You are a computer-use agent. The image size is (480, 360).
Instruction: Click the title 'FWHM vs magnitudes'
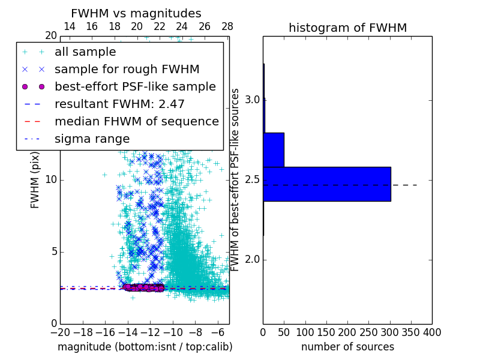(136, 13)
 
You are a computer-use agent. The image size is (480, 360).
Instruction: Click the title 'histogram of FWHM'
(347, 28)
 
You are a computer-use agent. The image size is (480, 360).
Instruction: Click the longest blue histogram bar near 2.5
(326, 184)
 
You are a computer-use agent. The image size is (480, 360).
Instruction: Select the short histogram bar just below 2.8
(274, 149)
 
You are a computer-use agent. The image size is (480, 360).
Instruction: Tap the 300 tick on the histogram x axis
(390, 332)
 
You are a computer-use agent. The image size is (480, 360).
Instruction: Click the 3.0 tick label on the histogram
(253, 99)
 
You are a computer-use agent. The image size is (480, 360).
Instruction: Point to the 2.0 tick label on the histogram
(253, 259)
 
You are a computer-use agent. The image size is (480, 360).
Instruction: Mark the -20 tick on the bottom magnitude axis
(60, 332)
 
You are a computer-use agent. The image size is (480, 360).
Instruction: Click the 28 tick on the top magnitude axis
(227, 26)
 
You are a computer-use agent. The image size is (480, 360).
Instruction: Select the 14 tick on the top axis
(69, 26)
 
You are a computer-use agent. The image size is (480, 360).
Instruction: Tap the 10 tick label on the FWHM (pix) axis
(51, 179)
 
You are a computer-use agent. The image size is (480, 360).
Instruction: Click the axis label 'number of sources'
(347, 347)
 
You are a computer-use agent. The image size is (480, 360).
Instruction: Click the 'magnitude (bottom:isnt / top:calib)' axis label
(145, 347)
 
